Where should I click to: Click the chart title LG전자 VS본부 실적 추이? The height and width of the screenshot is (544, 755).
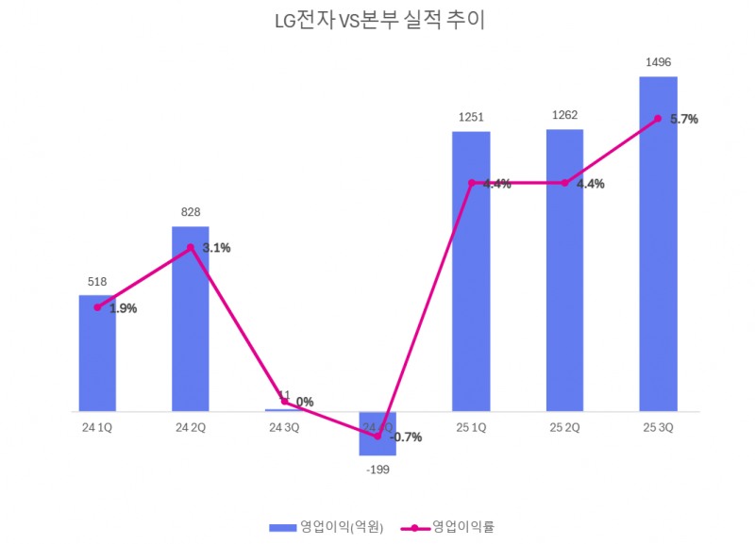377,20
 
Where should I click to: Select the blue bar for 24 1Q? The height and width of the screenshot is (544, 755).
97,363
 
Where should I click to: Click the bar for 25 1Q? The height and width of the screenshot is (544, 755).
471,283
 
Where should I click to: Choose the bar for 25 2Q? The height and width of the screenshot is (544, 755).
564,283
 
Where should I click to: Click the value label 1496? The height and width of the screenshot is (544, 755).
658,62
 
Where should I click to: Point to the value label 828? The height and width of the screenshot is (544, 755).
190,212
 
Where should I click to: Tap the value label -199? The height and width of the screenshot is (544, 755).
377,469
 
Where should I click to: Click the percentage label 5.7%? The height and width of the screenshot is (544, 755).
684,120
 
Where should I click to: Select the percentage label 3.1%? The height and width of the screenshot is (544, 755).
216,248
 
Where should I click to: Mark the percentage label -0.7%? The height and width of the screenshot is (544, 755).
405,437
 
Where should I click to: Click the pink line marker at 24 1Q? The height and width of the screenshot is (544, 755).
97,307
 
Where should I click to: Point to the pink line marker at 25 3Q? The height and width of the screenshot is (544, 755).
658,119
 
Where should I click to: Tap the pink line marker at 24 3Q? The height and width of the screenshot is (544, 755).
284,403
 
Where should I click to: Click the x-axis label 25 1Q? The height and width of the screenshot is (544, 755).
471,427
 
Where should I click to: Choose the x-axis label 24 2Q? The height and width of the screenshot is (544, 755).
190,427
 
